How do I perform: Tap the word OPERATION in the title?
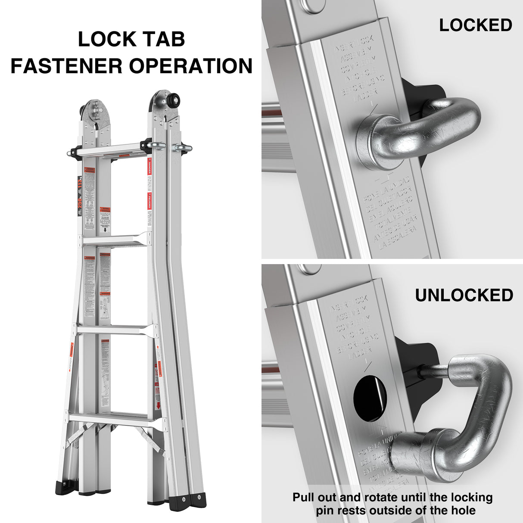(x=191, y=66)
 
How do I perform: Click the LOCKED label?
(x=476, y=25)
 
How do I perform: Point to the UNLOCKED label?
(x=464, y=295)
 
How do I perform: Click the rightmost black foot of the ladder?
(x=199, y=500)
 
